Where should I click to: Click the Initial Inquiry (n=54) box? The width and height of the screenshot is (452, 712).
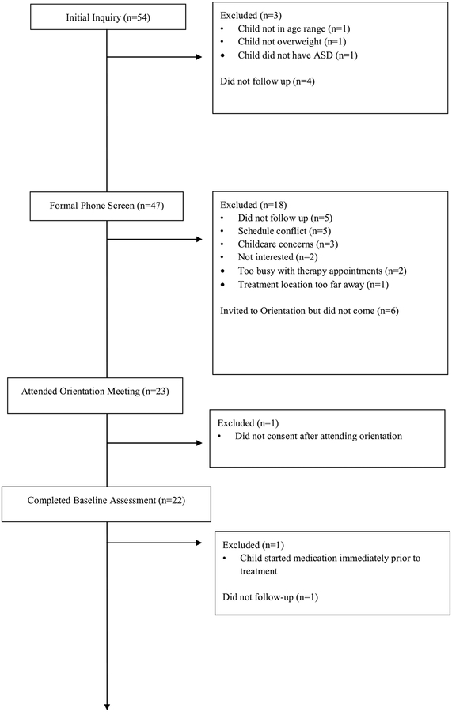point(106,17)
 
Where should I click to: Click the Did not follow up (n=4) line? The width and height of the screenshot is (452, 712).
point(264,81)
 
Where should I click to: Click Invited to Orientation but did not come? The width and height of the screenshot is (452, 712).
point(309,311)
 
